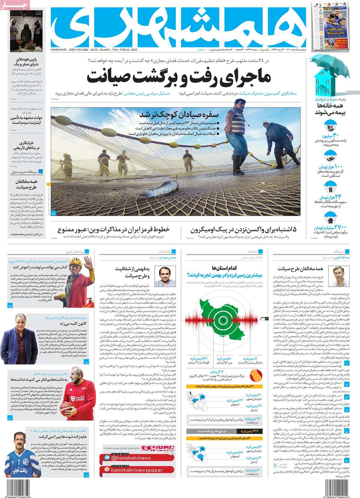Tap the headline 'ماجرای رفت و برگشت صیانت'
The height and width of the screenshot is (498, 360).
click(179, 77)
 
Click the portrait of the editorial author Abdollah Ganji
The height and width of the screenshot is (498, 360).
click(337, 276)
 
